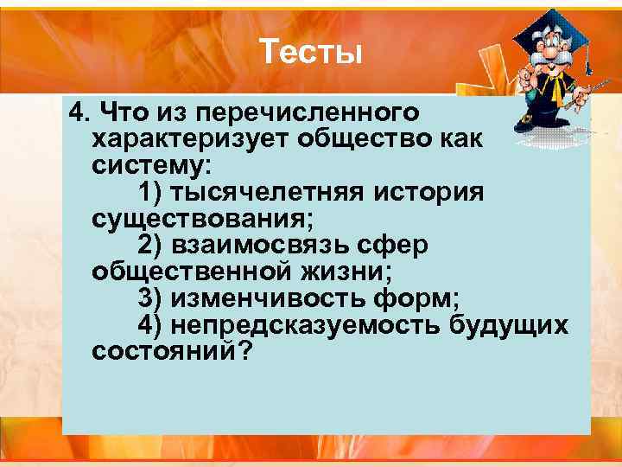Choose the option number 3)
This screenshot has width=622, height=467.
149,298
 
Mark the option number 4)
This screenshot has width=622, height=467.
149,325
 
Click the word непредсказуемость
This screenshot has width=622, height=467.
307,325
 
